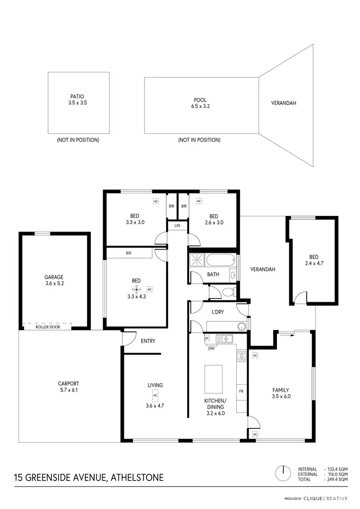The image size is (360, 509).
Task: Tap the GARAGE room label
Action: [x=54, y=277]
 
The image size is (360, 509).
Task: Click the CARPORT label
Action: [x=68, y=383]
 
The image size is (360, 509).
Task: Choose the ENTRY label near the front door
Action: [x=147, y=341]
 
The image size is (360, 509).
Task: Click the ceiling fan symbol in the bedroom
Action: [x=137, y=289]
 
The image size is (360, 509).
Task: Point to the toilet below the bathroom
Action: [x=228, y=292]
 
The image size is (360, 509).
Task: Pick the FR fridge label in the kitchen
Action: [x=241, y=391]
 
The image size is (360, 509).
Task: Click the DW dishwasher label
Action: [x=211, y=349]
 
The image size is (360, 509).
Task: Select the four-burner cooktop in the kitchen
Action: [x=241, y=355]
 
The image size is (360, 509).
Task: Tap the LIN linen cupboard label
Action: [x=177, y=225]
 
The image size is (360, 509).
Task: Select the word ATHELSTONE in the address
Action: [x=137, y=477]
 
